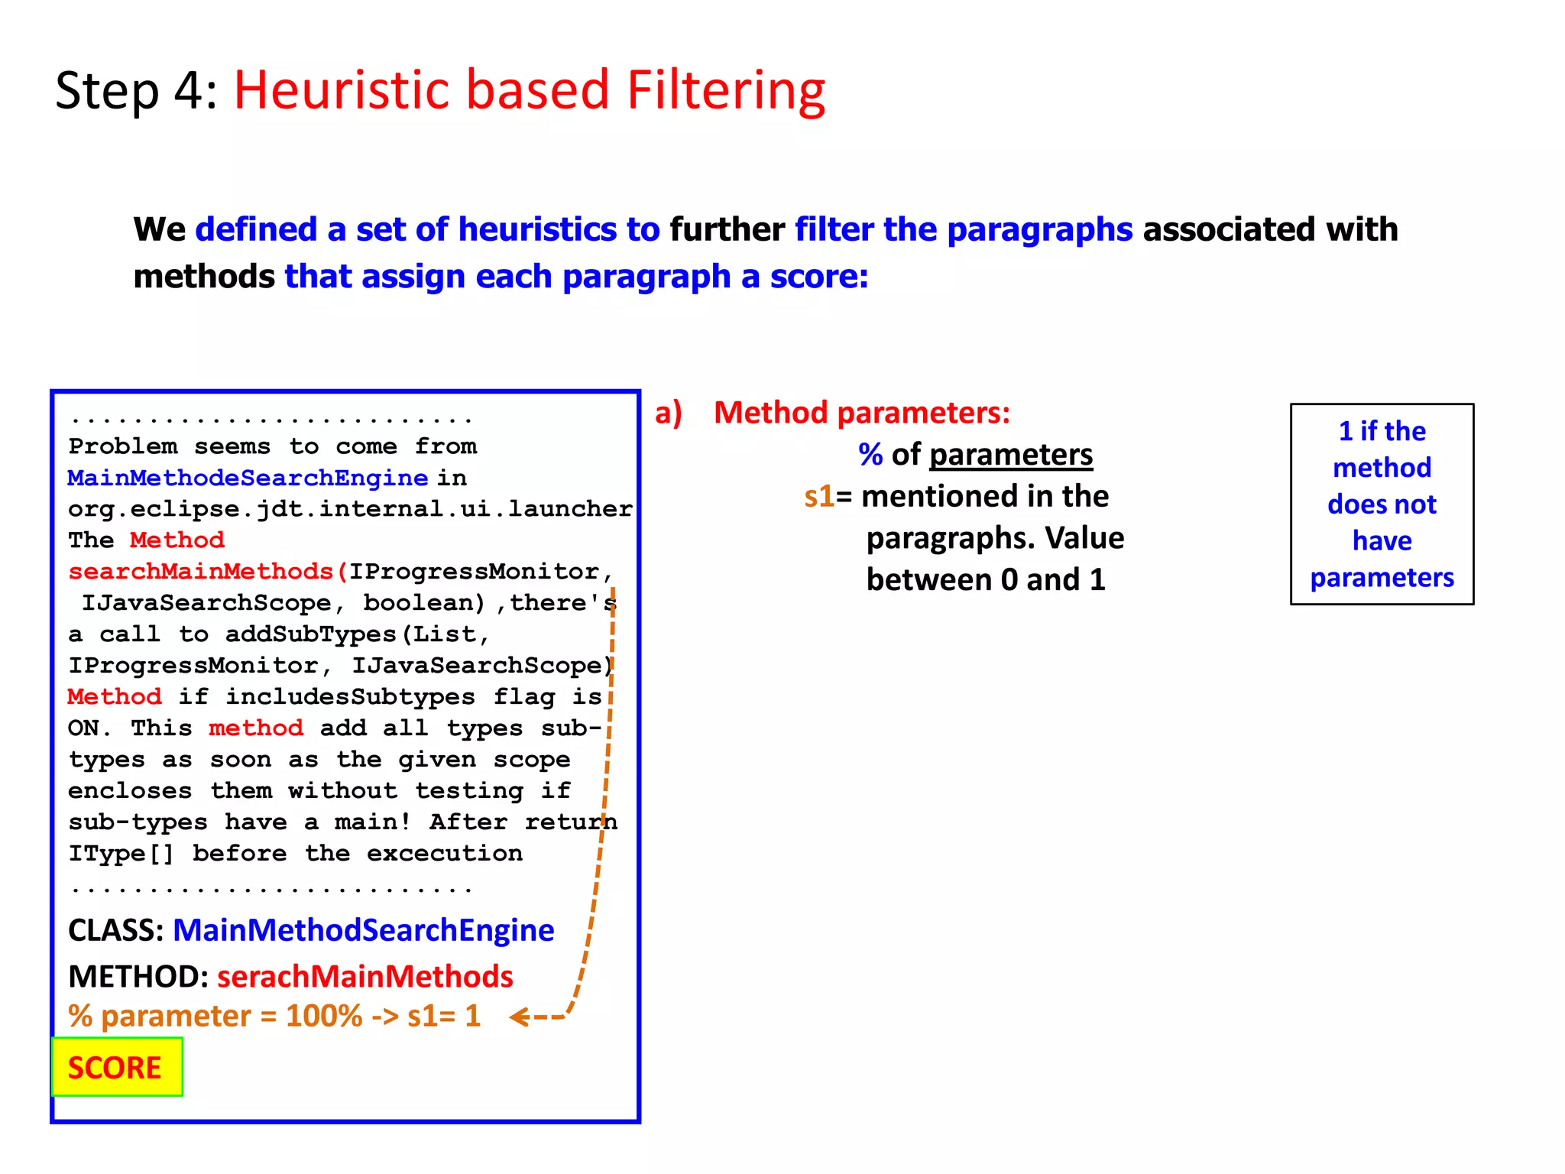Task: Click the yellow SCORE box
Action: click(116, 1067)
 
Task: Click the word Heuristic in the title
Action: click(341, 90)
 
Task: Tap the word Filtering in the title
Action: click(725, 90)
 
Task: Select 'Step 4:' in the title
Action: click(136, 90)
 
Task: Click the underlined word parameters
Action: click(1010, 455)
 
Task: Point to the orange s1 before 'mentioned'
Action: click(818, 497)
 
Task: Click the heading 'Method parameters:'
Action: click(861, 413)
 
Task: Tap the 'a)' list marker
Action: click(668, 413)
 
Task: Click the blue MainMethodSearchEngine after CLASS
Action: click(363, 930)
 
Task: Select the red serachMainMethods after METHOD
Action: click(365, 977)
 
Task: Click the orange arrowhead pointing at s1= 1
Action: click(520, 1017)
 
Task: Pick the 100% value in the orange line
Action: click(324, 1017)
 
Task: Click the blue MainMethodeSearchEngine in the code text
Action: click(247, 478)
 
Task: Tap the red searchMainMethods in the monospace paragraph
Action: click(200, 572)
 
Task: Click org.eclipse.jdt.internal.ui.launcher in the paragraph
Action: click(350, 509)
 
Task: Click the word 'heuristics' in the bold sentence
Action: click(537, 229)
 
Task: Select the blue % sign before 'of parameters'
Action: click(870, 455)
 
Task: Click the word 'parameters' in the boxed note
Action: click(1382, 578)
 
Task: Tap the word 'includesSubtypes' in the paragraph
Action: click(350, 697)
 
